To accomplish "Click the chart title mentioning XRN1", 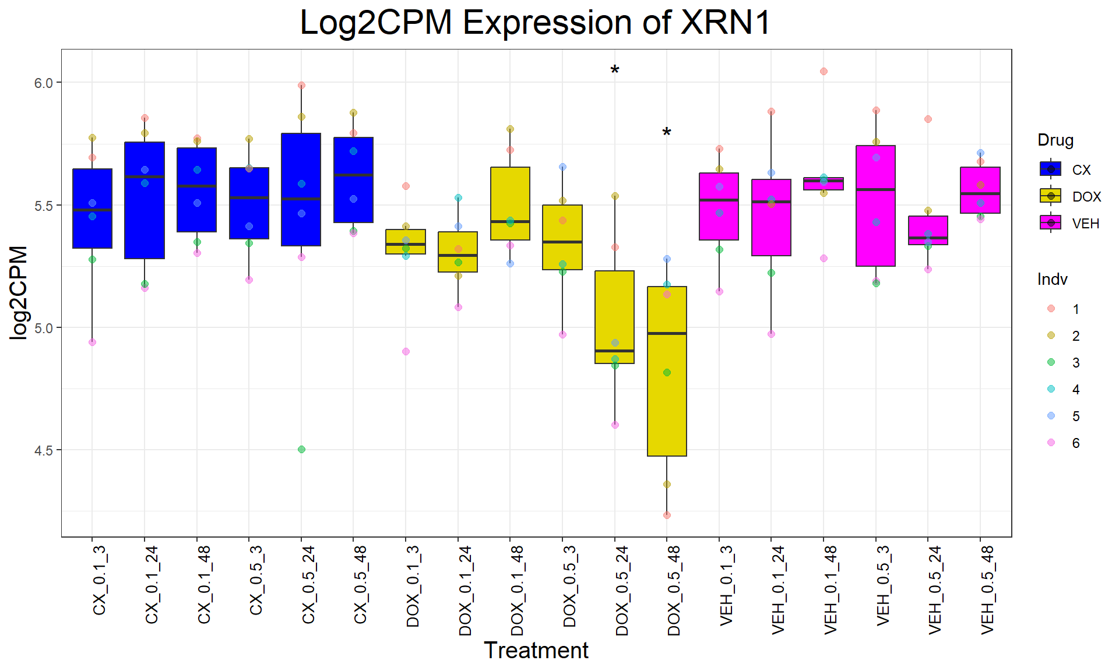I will (x=535, y=23).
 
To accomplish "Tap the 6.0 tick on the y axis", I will (x=43, y=83).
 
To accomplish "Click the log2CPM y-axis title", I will (x=19, y=292).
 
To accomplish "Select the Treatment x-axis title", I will (x=536, y=651).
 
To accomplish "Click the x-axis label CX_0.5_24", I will (x=308, y=585).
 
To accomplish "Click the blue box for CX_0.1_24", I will (x=145, y=200).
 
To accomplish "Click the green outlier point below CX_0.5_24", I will (x=301, y=449).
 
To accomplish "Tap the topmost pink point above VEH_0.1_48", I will (x=824, y=72).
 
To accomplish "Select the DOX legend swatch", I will (x=1051, y=196).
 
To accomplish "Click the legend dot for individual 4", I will (x=1051, y=389).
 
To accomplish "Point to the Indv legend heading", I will (x=1052, y=280).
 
